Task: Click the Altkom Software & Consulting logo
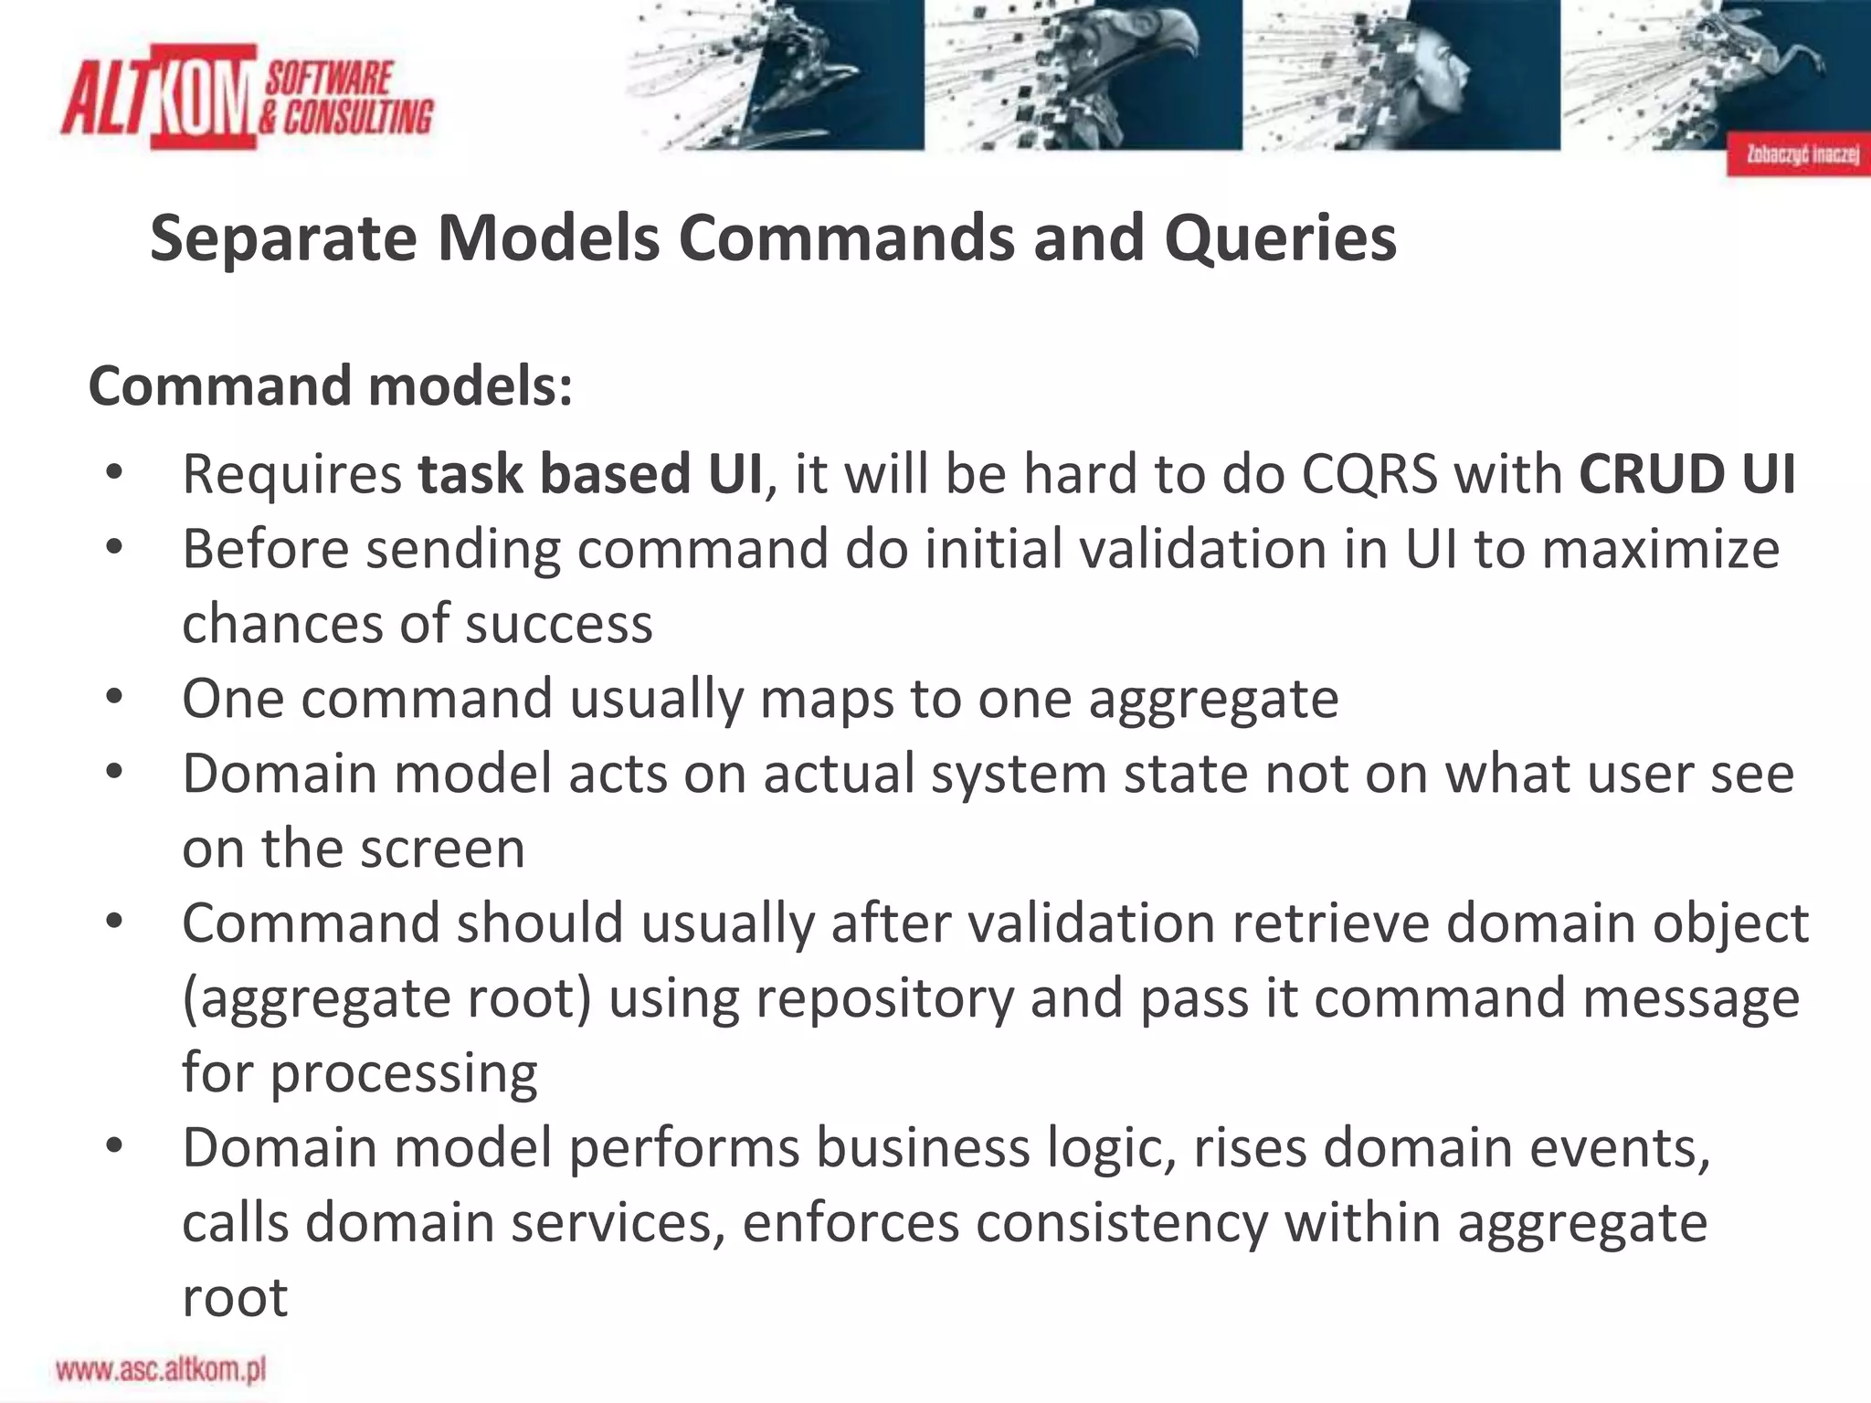247,96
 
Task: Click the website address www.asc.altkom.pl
161,1369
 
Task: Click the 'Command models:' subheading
331,386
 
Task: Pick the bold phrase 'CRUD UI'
1686,474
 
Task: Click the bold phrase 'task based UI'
590,474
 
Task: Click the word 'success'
559,625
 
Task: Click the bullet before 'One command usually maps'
114,698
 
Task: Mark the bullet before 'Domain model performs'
114,1147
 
